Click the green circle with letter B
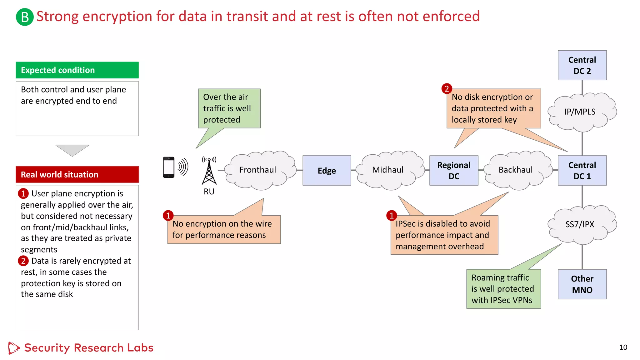[x=25, y=17]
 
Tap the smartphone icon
[x=169, y=167]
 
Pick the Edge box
[x=327, y=171]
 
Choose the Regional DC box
[x=454, y=171]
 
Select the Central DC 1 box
[x=582, y=171]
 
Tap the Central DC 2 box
[x=582, y=65]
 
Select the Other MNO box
[x=582, y=284]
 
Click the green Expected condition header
[x=77, y=70]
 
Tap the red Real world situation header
[x=77, y=174]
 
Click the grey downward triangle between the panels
[x=72, y=150]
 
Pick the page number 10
[x=623, y=347]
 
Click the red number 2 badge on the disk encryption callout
[x=447, y=89]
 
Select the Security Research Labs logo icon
[x=13, y=348]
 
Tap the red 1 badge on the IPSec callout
[x=392, y=215]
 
